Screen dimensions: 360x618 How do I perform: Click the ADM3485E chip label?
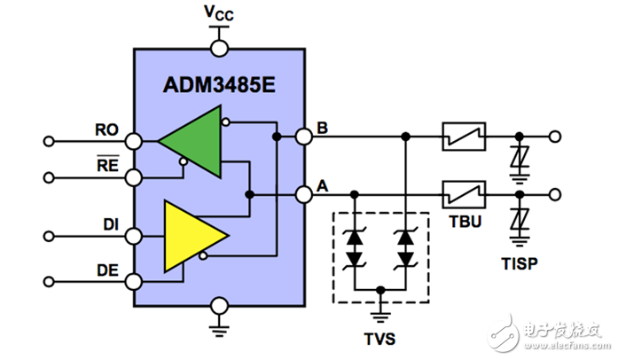coord(218,86)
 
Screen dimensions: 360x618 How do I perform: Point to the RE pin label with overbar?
coord(106,165)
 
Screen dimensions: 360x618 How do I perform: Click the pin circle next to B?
coord(304,137)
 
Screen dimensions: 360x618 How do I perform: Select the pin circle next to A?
coord(304,193)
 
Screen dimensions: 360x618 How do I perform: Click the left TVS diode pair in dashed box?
coord(356,247)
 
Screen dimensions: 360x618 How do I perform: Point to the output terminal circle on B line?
coord(555,137)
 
